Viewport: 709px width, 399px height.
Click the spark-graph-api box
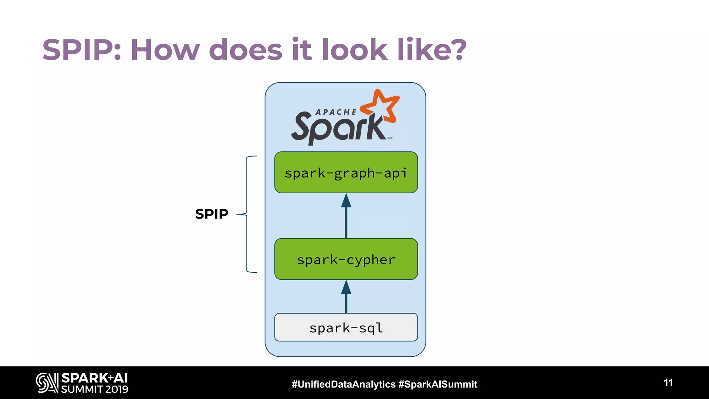point(346,172)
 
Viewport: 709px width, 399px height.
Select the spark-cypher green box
point(346,259)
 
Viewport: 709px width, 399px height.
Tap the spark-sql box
point(346,327)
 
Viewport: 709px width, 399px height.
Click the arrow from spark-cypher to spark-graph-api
point(346,217)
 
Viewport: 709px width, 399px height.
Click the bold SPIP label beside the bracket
point(212,214)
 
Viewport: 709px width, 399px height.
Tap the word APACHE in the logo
point(336,112)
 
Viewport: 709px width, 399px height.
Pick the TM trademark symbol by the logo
point(390,138)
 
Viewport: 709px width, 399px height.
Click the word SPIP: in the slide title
point(82,50)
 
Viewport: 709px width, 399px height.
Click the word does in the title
point(246,50)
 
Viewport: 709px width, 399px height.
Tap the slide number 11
point(668,382)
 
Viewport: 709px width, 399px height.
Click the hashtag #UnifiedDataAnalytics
point(343,384)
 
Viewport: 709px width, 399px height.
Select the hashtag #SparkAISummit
point(438,384)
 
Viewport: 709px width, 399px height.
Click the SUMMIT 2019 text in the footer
point(95,389)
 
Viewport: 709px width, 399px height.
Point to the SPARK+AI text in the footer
point(95,378)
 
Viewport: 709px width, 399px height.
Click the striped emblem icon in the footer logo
point(47,383)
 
